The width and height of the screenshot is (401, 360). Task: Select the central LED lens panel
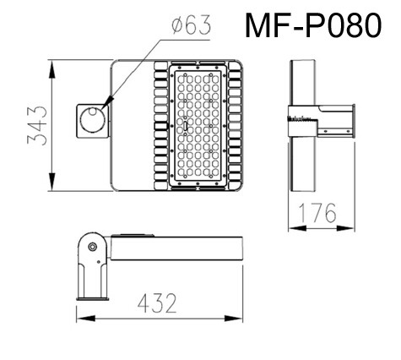click(x=199, y=125)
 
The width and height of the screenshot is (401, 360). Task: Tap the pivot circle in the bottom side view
click(x=91, y=247)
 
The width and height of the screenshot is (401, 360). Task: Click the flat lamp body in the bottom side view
click(x=177, y=248)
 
